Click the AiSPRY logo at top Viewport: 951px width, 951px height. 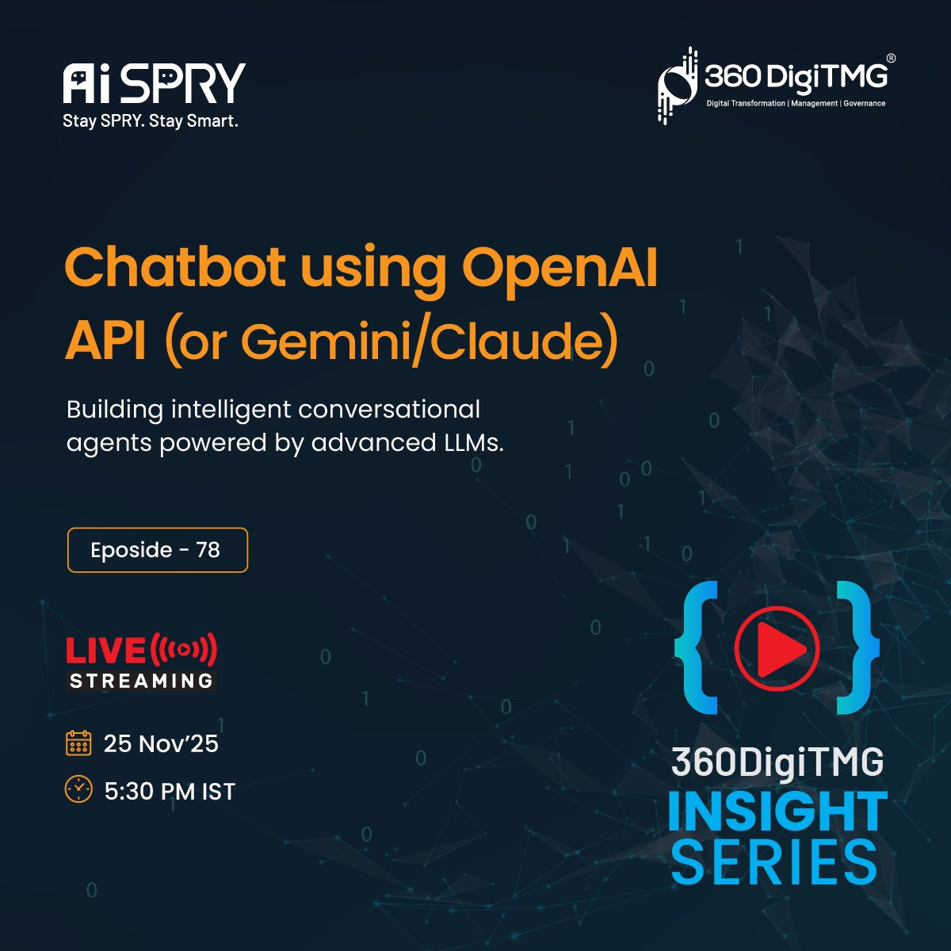154,83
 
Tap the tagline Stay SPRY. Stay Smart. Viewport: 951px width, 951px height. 151,121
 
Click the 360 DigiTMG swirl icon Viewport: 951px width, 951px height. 676,86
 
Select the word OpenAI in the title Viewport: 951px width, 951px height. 560,268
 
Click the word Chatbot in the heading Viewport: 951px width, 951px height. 174,268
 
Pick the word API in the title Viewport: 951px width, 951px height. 106,342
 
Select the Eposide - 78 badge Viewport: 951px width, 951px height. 157,550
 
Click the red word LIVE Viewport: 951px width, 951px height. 105,651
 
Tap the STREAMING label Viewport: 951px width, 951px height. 142,681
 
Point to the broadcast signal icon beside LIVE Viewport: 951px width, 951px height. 183,650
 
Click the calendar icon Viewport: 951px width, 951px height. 78,743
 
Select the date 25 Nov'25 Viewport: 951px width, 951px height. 161,743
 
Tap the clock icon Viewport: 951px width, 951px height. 78,789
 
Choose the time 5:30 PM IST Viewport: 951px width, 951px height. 170,791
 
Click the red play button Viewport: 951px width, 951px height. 776,648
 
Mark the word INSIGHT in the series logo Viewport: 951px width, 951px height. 777,812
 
